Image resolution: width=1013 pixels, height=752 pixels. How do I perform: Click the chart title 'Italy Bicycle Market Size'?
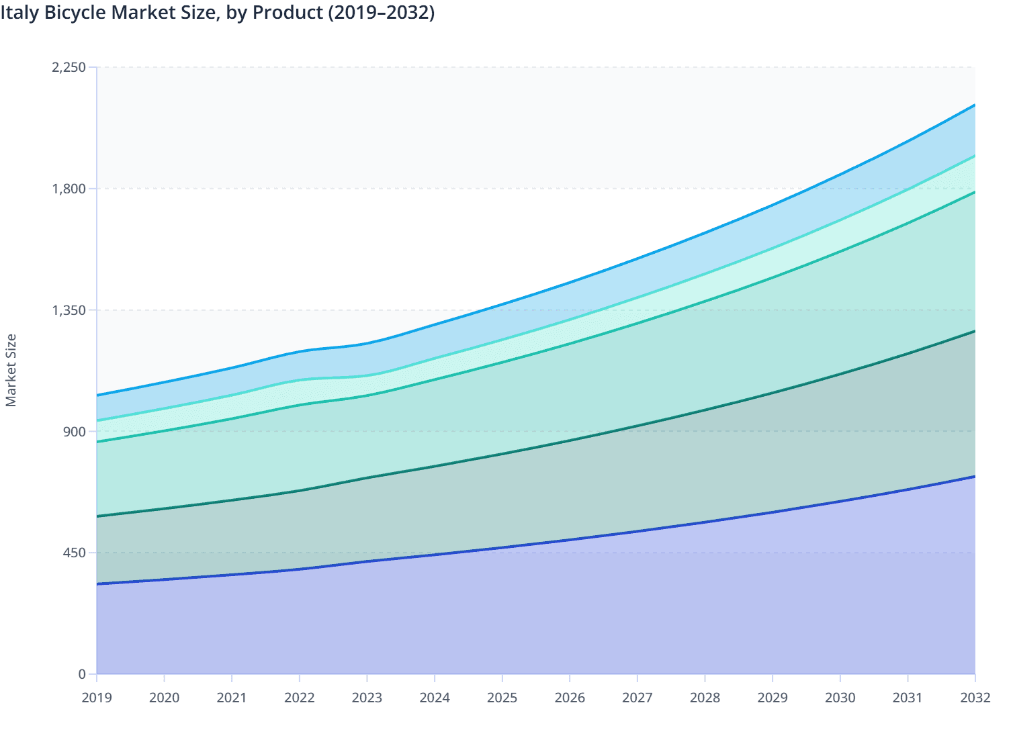107,13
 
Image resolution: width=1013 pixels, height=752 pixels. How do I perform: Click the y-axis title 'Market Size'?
11,370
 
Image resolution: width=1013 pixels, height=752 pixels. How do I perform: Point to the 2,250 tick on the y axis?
69,67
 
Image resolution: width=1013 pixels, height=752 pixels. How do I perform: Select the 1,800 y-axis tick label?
69,189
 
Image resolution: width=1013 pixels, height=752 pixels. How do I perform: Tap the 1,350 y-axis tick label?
69,310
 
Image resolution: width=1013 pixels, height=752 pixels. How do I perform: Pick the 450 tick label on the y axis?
75,553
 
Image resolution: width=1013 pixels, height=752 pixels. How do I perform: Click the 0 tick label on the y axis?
82,674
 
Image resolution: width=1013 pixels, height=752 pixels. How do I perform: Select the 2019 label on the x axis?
97,698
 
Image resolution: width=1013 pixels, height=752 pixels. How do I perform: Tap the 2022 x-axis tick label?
300,698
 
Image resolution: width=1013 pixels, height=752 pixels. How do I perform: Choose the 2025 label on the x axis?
502,698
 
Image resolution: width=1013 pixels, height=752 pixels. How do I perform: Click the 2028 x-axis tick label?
705,698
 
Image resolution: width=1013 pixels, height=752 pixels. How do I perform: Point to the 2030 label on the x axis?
840,698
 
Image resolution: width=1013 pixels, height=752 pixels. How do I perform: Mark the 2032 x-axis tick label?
975,698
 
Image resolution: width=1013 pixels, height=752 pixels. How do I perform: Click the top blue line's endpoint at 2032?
975,105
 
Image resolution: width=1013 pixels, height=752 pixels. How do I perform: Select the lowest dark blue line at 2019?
97,584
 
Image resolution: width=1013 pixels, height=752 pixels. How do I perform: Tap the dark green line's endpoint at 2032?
975,331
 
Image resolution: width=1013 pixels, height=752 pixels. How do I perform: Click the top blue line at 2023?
367,344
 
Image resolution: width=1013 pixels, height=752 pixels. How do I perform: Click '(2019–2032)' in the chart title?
381,13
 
